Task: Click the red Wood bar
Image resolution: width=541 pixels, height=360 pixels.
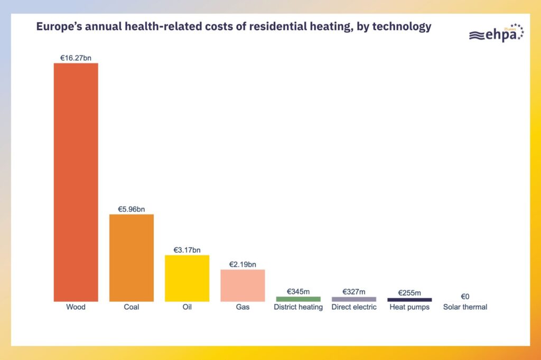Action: coord(76,182)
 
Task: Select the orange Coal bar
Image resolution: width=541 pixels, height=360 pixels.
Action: coord(132,258)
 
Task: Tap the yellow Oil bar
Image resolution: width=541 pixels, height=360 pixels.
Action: coord(187,278)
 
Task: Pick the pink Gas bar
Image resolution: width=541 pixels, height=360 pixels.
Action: coord(242,285)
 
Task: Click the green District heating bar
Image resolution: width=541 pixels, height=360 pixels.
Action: coord(298,299)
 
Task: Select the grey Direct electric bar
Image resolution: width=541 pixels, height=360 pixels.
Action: coord(354,299)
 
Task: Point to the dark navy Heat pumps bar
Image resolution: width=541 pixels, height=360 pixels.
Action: coord(409,300)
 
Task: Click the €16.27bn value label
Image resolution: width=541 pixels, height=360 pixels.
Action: coord(76,57)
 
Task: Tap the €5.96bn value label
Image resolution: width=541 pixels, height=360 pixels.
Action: coord(132,209)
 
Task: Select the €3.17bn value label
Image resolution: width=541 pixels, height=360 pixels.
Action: coord(187,250)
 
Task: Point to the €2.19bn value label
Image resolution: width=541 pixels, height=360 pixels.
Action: coord(242,264)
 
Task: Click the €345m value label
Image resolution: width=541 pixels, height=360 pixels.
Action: coord(298,291)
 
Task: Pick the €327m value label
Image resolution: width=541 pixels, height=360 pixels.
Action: coord(354,291)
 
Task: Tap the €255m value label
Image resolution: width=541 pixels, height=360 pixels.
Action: coord(409,292)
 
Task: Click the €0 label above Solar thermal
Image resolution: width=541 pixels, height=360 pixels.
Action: coord(465,297)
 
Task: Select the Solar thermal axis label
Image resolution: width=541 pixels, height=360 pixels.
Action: coord(465,307)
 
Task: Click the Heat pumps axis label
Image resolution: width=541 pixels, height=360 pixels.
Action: coord(409,307)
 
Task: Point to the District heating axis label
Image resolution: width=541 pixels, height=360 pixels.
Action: coord(298,307)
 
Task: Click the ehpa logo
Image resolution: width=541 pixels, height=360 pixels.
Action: coord(496,33)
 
